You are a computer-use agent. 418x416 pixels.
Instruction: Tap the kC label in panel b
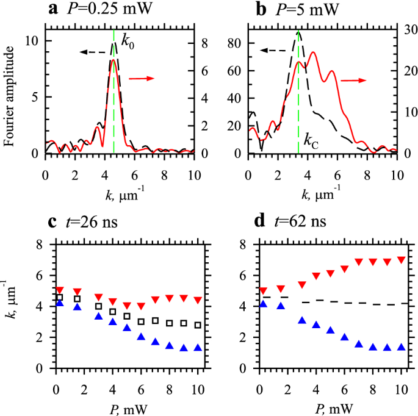[x=311, y=144]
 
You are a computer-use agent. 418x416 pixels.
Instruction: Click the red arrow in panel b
[x=352, y=79]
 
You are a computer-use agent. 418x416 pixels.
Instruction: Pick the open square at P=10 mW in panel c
[x=196, y=325]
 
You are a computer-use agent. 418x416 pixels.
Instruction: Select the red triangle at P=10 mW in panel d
[x=400, y=260]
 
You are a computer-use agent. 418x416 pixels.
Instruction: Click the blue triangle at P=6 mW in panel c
[x=140, y=336]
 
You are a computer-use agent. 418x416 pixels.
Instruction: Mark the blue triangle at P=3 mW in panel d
[x=301, y=320]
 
